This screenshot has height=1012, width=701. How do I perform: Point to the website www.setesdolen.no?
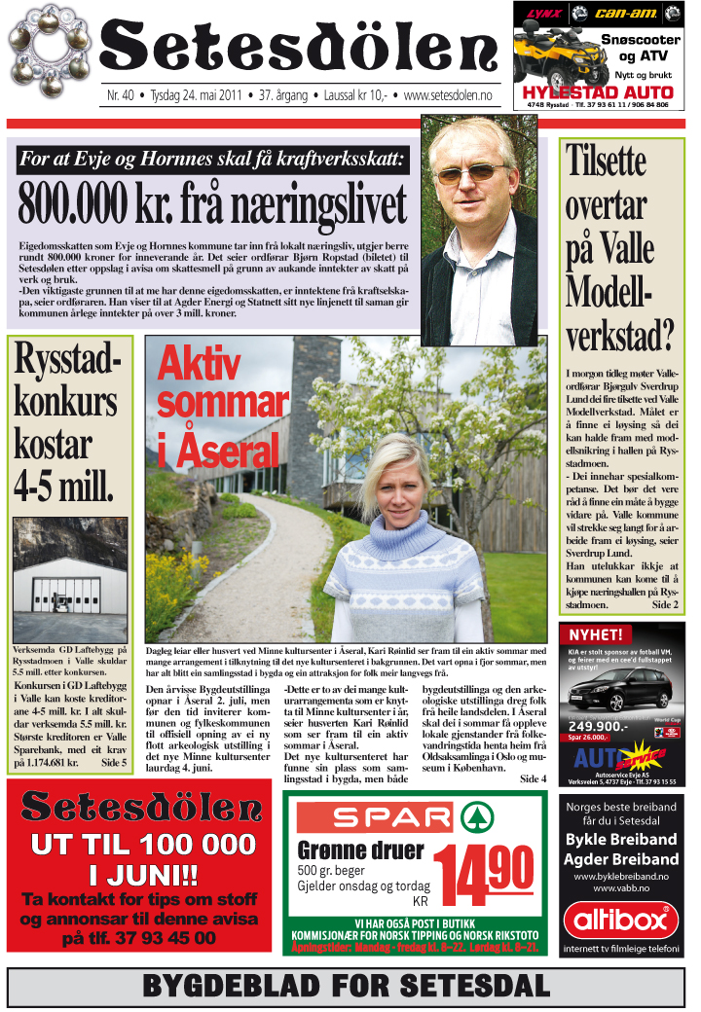447,97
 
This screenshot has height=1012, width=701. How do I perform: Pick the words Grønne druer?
360,850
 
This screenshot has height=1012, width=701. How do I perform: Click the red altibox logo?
621,921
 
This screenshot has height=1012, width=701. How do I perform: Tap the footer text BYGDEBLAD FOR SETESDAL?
346,987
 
